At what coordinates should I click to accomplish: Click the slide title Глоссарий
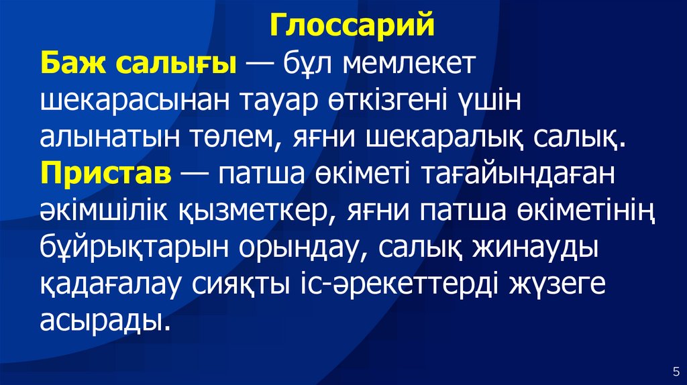pos(353,27)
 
